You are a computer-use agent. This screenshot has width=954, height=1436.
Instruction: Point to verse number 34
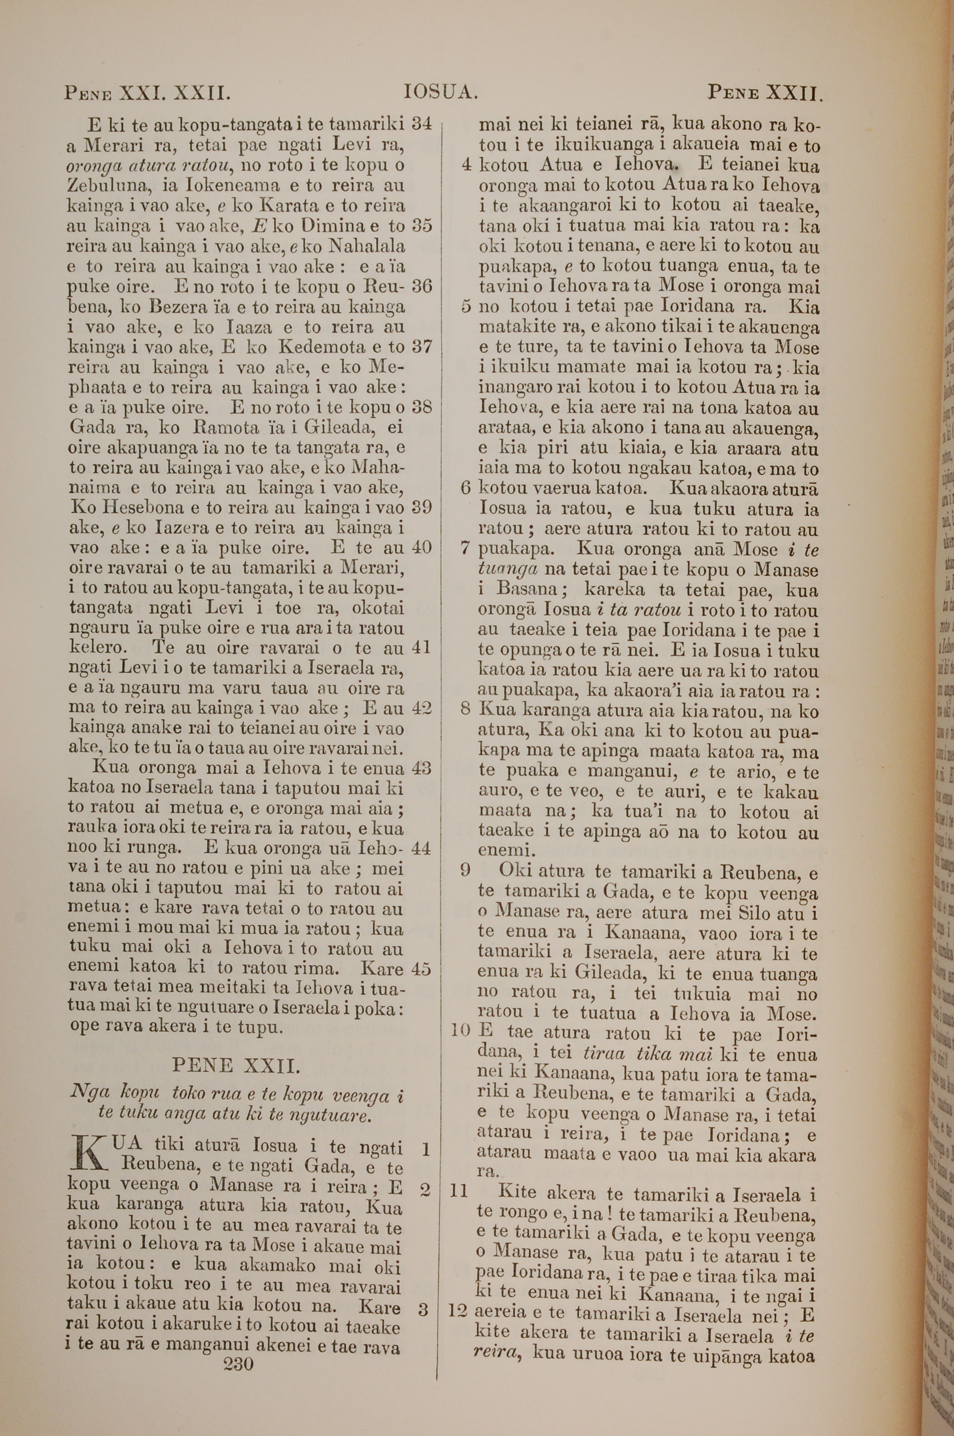click(422, 125)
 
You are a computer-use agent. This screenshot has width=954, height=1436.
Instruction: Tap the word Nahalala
click(367, 246)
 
